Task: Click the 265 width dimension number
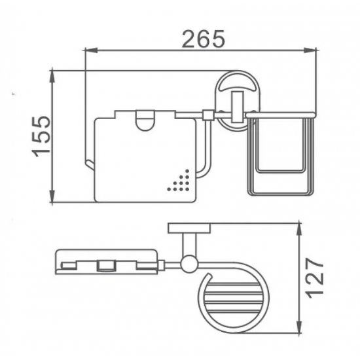(204, 39)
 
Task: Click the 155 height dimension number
(41, 137)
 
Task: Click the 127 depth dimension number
(315, 278)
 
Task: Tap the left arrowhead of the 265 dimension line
(91, 50)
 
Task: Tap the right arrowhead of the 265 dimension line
(310, 50)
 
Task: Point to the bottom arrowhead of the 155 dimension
(52, 196)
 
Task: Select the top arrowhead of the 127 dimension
(299, 229)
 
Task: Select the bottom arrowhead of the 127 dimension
(299, 326)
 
